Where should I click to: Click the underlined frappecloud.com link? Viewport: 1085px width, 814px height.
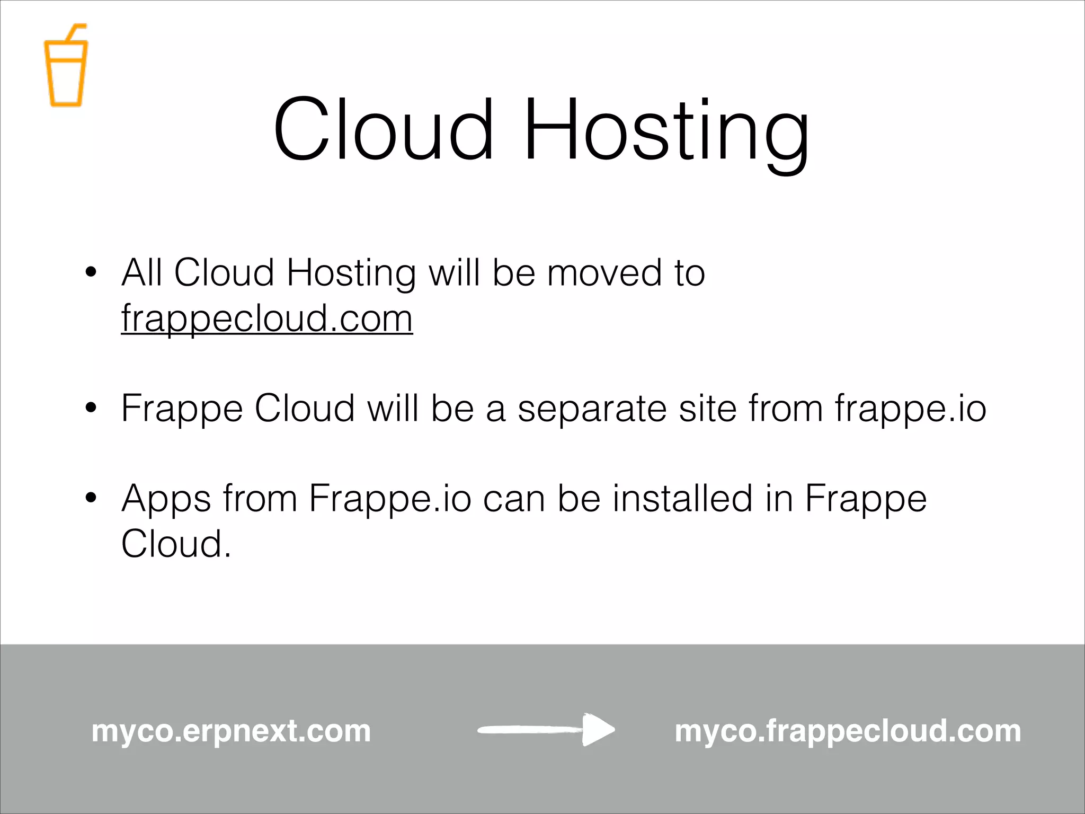(266, 318)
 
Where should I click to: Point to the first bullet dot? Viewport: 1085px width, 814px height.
(91, 272)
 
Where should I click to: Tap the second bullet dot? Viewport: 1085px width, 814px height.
(91, 408)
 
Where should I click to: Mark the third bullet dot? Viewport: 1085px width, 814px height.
(91, 498)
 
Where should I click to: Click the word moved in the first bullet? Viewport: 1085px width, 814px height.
(603, 273)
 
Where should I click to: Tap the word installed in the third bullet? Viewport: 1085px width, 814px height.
(682, 499)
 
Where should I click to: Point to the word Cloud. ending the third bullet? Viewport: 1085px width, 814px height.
(176, 544)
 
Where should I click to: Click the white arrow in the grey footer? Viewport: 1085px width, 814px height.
(546, 730)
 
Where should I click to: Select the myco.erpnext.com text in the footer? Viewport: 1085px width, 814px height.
(231, 731)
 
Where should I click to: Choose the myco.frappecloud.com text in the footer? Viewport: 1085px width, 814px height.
(847, 731)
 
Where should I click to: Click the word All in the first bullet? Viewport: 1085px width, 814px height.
(141, 273)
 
